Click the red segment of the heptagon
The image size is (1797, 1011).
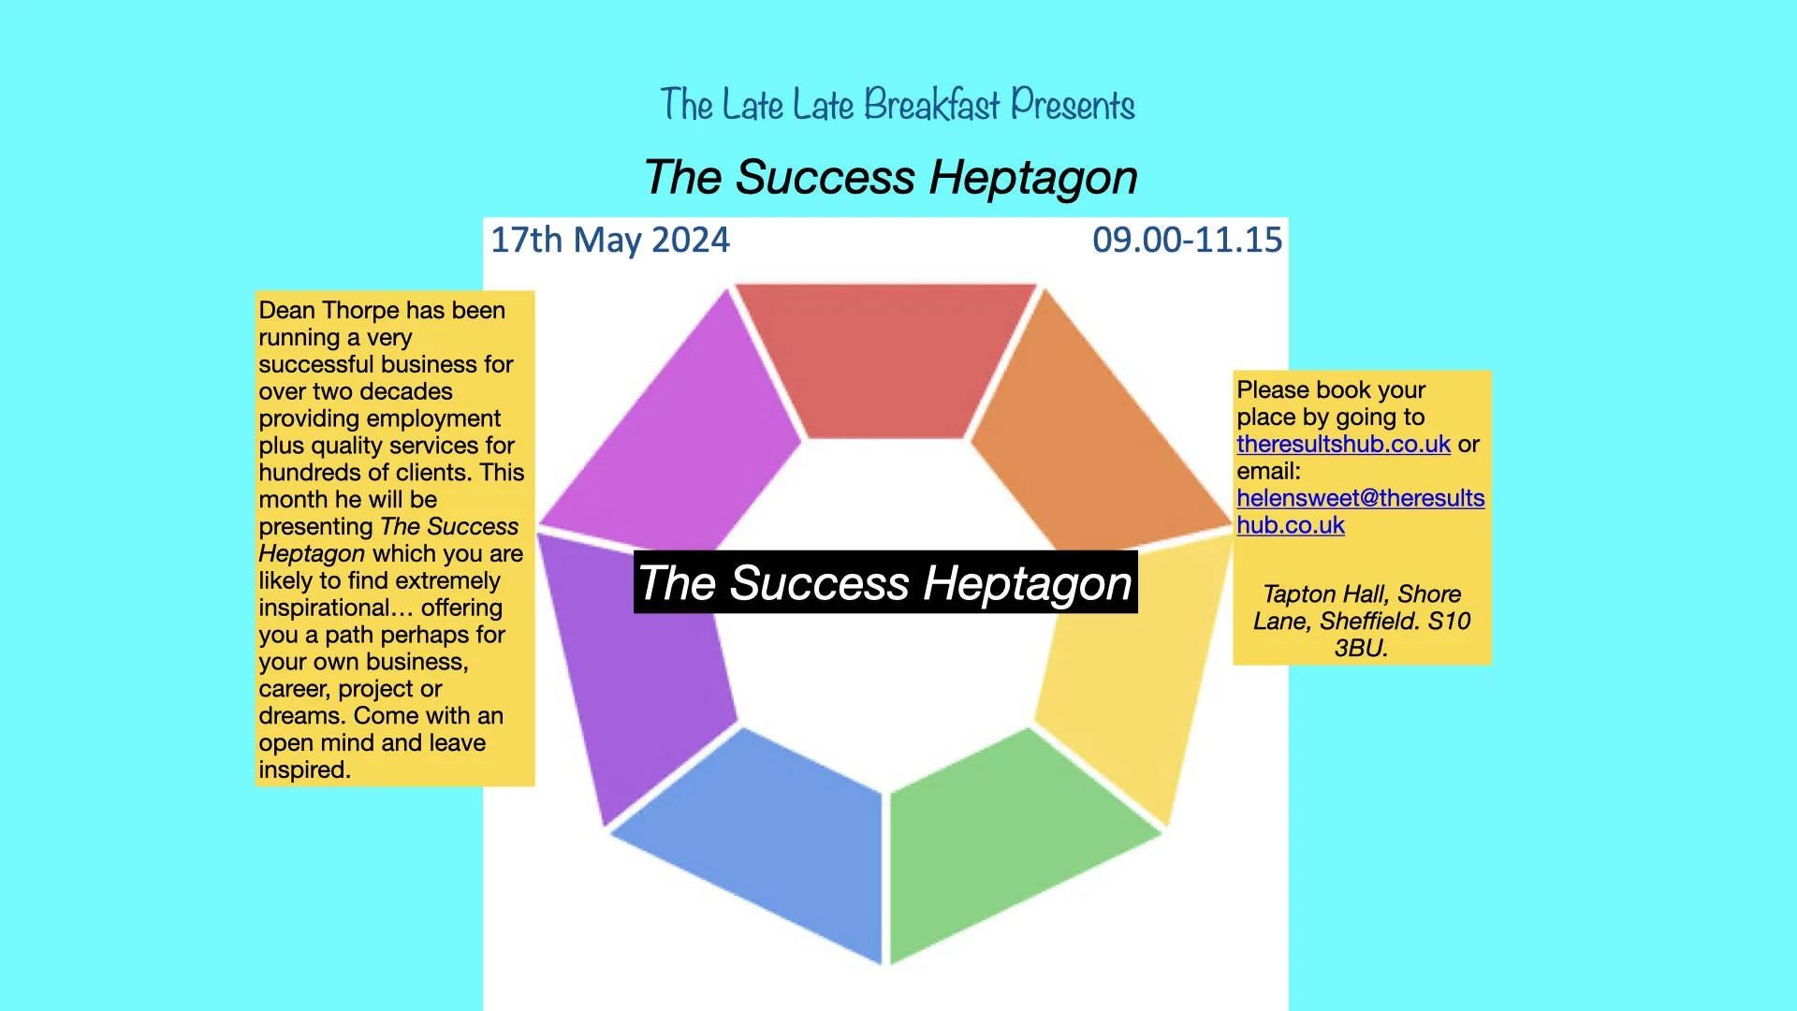click(884, 360)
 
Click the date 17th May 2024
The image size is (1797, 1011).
click(610, 241)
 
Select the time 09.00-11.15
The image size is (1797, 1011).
click(1187, 241)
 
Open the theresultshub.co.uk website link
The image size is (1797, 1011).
click(1343, 445)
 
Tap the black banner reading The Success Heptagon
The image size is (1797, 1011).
click(885, 582)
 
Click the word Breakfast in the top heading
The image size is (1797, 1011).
click(931, 105)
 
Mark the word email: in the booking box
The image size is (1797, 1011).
click(1268, 472)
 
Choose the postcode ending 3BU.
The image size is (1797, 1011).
click(1361, 649)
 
